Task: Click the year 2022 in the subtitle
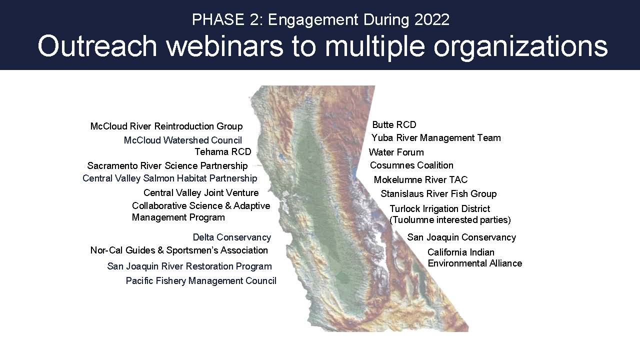point(431,19)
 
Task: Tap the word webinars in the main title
point(224,46)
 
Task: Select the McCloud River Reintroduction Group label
point(166,126)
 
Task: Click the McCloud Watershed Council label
point(183,140)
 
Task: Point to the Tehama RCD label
point(223,151)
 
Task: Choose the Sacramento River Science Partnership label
point(167,165)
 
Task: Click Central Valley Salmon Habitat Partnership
point(169,178)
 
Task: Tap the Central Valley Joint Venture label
point(201,193)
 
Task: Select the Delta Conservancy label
point(232,237)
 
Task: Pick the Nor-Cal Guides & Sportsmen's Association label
point(179,250)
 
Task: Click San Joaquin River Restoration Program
point(189,266)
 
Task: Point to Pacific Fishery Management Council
point(201,281)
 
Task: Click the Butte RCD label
point(394,125)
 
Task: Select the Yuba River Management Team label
point(436,138)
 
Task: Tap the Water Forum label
point(396,152)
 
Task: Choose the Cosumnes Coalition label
point(411,165)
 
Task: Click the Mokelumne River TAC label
point(421,179)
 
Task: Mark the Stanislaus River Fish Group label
point(439,193)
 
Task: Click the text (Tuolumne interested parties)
point(450,220)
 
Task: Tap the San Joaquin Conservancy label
point(461,237)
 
